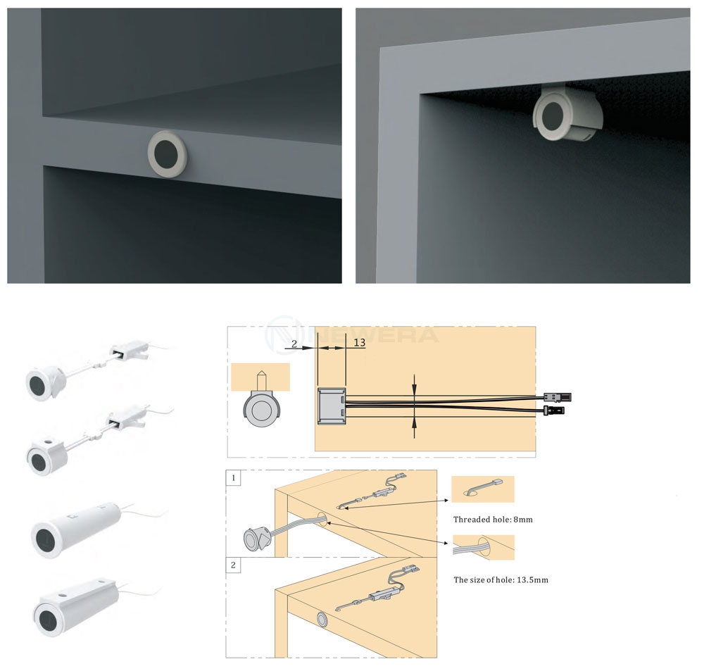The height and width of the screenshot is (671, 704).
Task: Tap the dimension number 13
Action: coord(359,343)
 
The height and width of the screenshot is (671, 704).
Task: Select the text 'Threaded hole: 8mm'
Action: coord(493,519)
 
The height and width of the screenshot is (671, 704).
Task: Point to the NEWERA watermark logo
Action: coord(352,332)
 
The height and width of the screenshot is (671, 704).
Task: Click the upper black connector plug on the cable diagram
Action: coord(557,397)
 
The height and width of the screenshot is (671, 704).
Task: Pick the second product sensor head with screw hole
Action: coord(44,456)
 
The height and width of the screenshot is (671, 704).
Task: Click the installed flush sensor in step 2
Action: coord(322,618)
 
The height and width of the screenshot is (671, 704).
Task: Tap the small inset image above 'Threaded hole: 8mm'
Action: coord(482,489)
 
